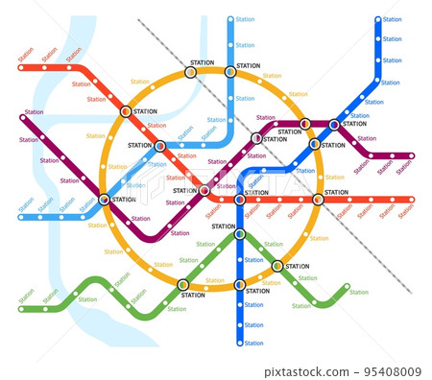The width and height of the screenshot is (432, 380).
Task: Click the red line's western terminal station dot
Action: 21,68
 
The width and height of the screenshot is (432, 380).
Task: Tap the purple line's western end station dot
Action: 23,119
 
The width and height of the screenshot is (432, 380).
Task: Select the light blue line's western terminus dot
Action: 21,217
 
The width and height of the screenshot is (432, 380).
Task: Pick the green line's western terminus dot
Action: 21,309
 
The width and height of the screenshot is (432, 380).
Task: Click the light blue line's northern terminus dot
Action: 230,19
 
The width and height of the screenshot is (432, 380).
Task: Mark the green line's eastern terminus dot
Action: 348,287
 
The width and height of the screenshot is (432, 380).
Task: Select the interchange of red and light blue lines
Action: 159,146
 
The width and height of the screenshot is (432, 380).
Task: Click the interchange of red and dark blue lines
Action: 239,200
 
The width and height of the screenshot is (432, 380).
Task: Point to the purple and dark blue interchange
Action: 333,124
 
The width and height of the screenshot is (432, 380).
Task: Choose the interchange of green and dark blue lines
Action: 239,233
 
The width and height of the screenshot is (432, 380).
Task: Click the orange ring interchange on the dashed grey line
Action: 190,71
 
